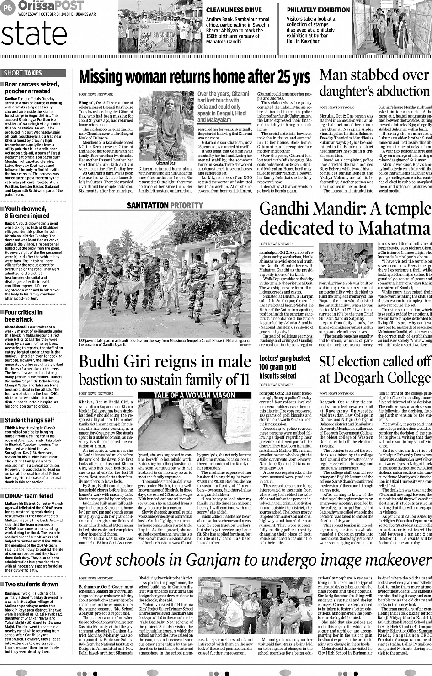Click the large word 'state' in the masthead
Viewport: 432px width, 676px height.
[x=34, y=34]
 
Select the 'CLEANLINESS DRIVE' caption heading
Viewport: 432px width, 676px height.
[x=234, y=10]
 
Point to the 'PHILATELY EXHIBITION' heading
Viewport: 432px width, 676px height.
[x=318, y=10]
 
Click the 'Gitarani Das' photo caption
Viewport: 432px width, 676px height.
[x=166, y=163]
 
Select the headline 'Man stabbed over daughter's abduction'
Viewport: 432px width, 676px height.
[x=374, y=83]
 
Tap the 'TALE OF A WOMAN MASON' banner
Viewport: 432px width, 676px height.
[x=194, y=395]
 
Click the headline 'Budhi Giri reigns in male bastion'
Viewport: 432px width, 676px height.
[x=164, y=370]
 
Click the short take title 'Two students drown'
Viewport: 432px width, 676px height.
[x=32, y=584]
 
